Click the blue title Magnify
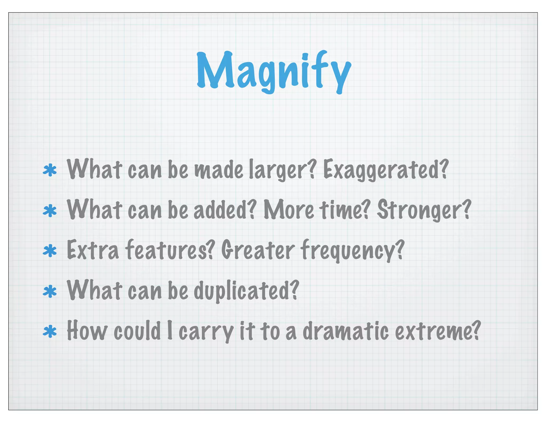pyautogui.click(x=274, y=71)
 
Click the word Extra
pyautogui.click(x=93, y=250)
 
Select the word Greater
pyautogui.click(x=258, y=250)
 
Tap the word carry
pyautogui.click(x=206, y=332)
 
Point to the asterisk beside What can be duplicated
pyautogui.click(x=50, y=292)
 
